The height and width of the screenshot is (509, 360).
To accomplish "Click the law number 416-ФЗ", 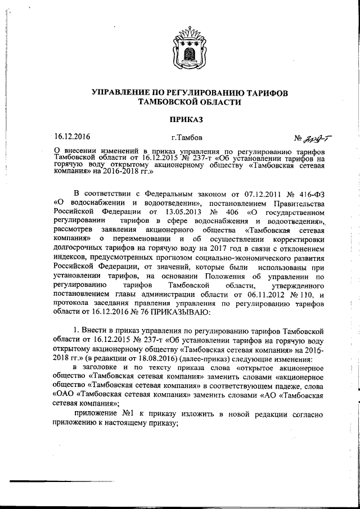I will pos(311,193).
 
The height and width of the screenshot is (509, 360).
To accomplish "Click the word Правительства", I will pos(296,203).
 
